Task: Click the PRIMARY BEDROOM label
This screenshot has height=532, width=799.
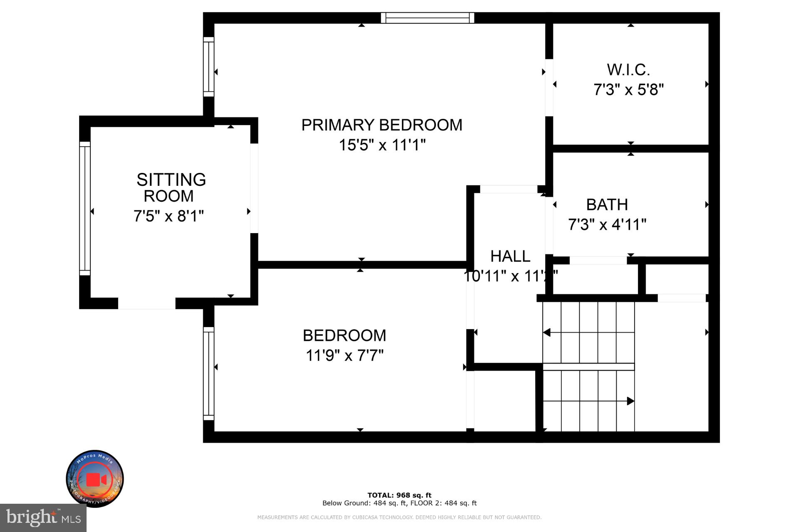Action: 382,125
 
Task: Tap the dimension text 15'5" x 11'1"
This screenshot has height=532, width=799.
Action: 382,145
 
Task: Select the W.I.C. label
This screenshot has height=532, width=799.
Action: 628,70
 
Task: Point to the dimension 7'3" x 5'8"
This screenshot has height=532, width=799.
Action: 628,89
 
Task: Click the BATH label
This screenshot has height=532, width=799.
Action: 607,204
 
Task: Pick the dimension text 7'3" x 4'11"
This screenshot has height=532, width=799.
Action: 607,224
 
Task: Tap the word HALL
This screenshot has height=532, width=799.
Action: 510,256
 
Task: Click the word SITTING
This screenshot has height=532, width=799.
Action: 171,180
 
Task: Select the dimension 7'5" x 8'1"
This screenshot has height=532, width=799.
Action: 169,216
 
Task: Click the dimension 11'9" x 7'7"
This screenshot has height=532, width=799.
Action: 345,355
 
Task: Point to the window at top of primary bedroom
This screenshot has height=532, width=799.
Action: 427,18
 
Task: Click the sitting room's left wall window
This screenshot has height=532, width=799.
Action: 85,208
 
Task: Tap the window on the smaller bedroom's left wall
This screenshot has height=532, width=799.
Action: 208,373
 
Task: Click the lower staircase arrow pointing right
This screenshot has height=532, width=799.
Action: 630,401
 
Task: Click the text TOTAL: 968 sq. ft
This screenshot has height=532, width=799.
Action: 399,495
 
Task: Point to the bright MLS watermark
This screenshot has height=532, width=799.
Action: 43,518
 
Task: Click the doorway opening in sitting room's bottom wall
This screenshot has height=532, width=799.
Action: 146,303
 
